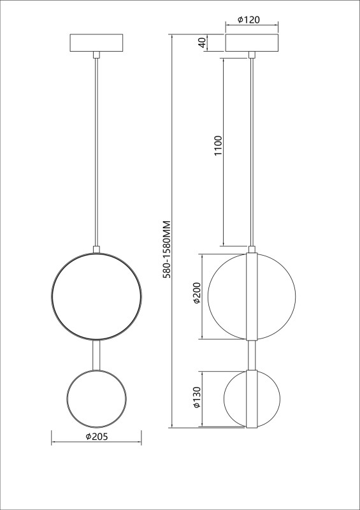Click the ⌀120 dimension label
coord(248,20)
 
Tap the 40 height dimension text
coord(202,43)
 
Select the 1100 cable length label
coord(218,145)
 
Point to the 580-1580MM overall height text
coord(167,249)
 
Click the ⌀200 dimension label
coord(197,293)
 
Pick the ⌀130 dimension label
coord(197,397)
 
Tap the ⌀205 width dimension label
coord(97,437)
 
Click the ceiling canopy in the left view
coord(97,43)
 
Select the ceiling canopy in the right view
coord(252,43)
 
